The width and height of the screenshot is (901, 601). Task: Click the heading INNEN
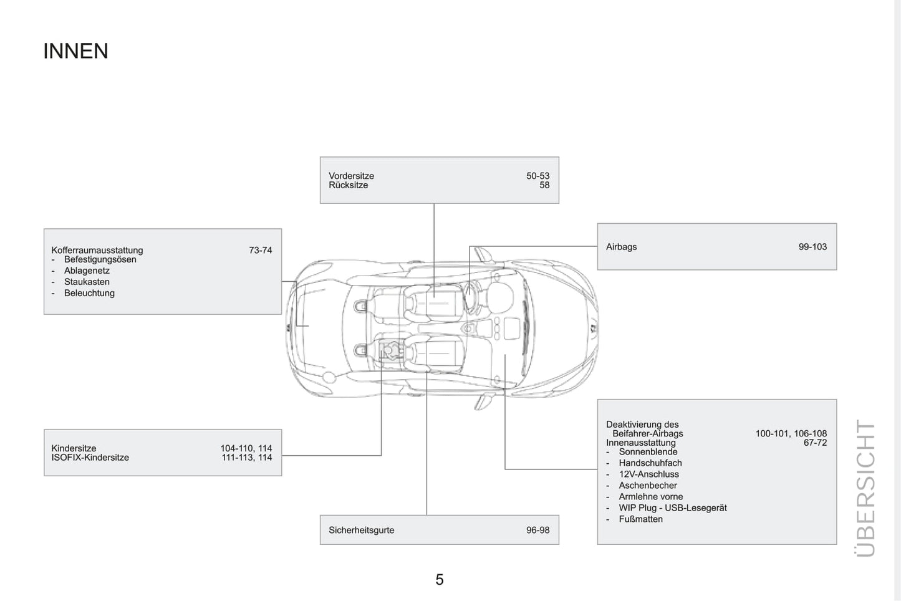click(x=75, y=51)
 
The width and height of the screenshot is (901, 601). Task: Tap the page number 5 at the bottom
click(x=439, y=580)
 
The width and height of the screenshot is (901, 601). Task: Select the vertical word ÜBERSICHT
click(x=865, y=488)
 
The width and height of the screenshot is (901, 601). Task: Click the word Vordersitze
click(x=351, y=176)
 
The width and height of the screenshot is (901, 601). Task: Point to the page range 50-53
click(x=537, y=176)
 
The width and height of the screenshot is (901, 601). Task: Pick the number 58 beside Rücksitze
click(x=544, y=185)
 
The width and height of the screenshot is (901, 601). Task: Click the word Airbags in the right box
click(x=621, y=247)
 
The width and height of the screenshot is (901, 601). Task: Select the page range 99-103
click(x=812, y=247)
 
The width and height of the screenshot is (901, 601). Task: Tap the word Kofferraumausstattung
click(x=97, y=250)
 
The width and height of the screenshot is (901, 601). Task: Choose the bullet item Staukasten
click(x=87, y=282)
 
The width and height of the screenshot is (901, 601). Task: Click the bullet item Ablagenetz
click(x=87, y=271)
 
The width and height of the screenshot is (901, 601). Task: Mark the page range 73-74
click(x=260, y=250)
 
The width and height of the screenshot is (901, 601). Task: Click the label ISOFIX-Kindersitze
click(x=90, y=458)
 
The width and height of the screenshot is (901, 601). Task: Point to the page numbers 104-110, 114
click(x=246, y=448)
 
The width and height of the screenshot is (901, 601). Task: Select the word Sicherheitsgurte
click(x=361, y=530)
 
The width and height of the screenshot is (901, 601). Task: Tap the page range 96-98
click(x=537, y=530)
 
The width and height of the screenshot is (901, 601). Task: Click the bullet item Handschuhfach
click(x=650, y=463)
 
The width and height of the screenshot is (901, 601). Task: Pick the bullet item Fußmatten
click(x=641, y=519)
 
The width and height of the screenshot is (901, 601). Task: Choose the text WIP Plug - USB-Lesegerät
click(x=673, y=508)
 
